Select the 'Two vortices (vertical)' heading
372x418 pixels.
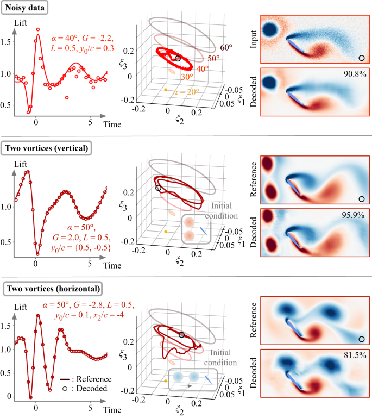click(48, 147)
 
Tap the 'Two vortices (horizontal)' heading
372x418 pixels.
click(52, 286)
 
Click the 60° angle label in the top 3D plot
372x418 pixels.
click(226, 48)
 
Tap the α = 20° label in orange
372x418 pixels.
click(190, 93)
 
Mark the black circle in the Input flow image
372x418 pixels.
click(361, 58)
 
